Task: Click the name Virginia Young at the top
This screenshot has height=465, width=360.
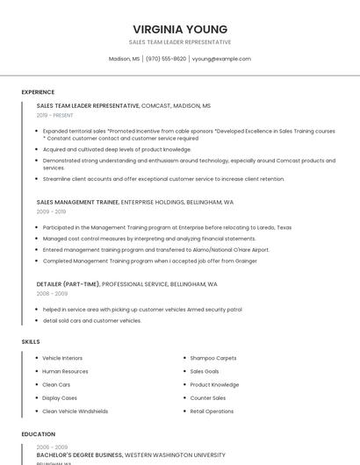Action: pyautogui.click(x=180, y=29)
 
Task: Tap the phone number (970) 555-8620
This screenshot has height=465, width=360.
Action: pyautogui.click(x=166, y=59)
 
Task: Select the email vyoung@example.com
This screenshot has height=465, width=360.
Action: pyautogui.click(x=221, y=59)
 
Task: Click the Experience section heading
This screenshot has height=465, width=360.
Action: pyautogui.click(x=38, y=92)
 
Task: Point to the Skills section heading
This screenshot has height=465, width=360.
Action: pyautogui.click(x=31, y=341)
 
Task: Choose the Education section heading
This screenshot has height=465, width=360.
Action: pyautogui.click(x=38, y=433)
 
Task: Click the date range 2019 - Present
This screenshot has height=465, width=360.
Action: pyautogui.click(x=55, y=115)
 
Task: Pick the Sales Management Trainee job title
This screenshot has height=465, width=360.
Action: pyautogui.click(x=77, y=202)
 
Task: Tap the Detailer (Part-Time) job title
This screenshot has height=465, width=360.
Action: pyautogui.click(x=68, y=284)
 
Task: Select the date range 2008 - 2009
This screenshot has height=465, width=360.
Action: pyautogui.click(x=52, y=294)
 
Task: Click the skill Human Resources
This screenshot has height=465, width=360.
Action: pyautogui.click(x=65, y=371)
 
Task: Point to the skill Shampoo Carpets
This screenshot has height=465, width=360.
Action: pyautogui.click(x=213, y=358)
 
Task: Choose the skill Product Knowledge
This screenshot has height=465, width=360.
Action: pyautogui.click(x=214, y=384)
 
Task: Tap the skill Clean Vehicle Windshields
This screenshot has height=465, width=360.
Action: pyautogui.click(x=76, y=411)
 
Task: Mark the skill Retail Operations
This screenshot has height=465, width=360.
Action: pyautogui.click(x=212, y=411)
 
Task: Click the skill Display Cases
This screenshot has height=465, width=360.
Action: pyautogui.click(x=60, y=397)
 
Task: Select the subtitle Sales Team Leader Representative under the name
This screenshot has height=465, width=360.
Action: pyautogui.click(x=180, y=42)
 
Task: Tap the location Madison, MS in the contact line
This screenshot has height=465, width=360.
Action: pyautogui.click(x=124, y=59)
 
